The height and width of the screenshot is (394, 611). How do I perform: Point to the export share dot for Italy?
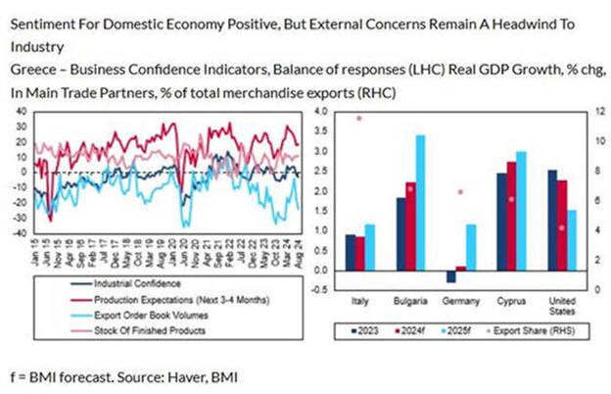358,118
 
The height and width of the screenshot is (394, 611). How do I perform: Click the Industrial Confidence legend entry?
109,284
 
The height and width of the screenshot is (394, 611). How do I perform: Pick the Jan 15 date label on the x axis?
33,257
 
